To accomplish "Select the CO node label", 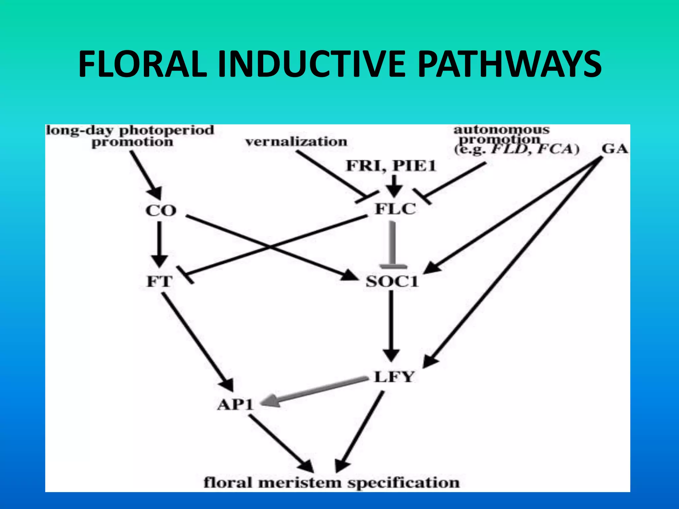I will click(x=161, y=210).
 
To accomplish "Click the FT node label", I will click(x=159, y=282).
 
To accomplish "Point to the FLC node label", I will click(x=395, y=209).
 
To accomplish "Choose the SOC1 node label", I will click(x=392, y=282).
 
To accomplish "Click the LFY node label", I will click(x=394, y=377).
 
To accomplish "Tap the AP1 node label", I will click(x=235, y=405).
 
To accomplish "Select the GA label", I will click(x=615, y=149).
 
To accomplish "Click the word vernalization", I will click(x=296, y=142).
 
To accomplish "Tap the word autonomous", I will click(x=501, y=130).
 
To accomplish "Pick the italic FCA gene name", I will click(x=558, y=149).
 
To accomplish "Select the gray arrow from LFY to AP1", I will click(x=315, y=391).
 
